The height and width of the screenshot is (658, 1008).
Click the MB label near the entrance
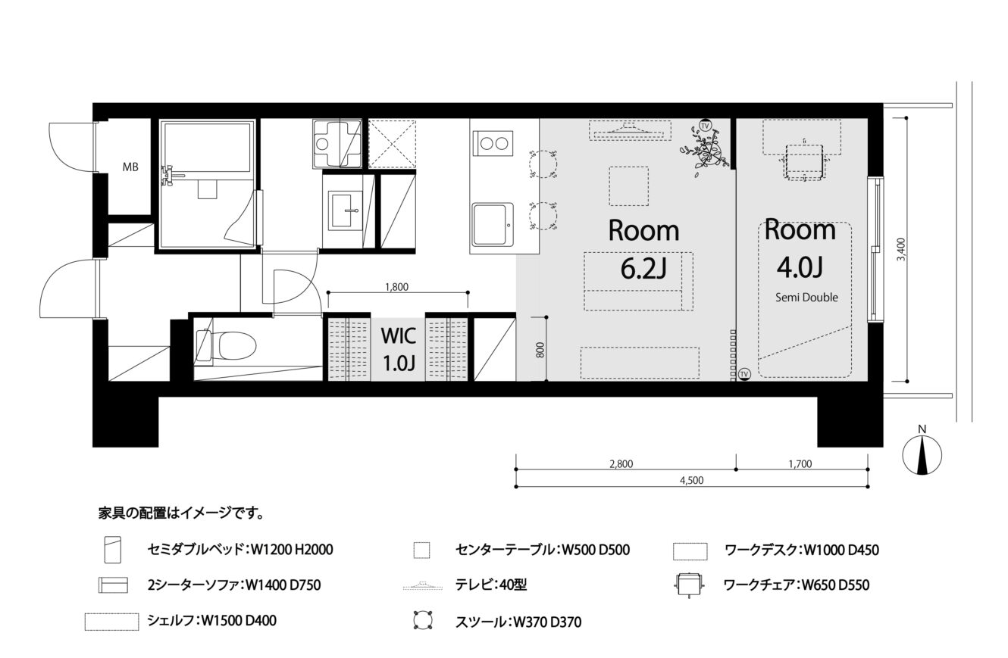click(130, 167)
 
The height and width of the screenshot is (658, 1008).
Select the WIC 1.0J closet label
click(398, 349)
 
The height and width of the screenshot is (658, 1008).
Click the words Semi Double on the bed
click(806, 297)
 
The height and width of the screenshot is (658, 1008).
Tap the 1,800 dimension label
click(396, 287)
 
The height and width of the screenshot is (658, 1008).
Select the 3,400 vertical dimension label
click(900, 249)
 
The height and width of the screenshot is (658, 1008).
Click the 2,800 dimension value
click(621, 464)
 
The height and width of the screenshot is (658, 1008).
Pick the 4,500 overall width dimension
click(692, 481)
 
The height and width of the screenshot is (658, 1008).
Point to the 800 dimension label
click(540, 350)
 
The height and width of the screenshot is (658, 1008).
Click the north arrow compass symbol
click(922, 454)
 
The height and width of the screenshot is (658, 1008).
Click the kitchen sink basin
click(493, 224)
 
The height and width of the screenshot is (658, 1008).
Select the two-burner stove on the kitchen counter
click(493, 143)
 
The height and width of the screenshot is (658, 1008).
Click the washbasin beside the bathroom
click(345, 210)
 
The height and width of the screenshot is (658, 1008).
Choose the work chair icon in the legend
click(689, 585)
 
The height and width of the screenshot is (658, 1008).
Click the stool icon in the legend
click(423, 620)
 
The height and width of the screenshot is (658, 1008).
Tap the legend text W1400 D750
click(283, 585)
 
